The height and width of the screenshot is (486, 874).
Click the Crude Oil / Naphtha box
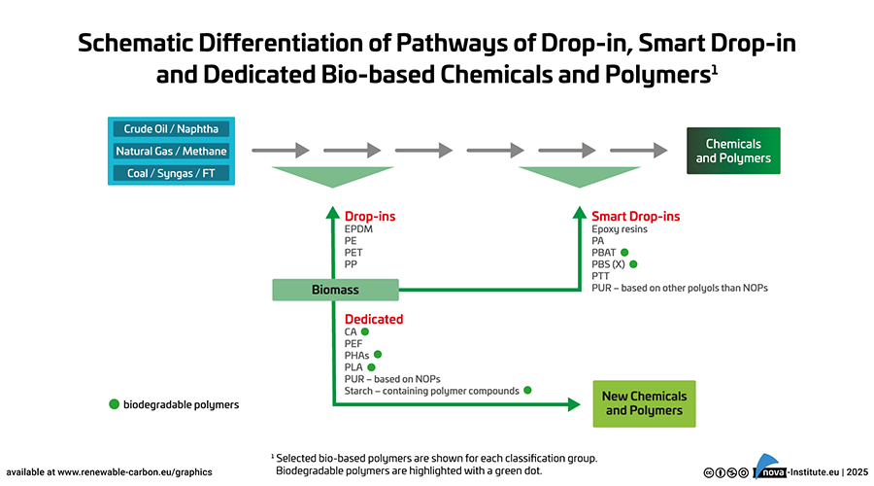tap(171, 129)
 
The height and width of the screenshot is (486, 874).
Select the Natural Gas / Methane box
tap(171, 151)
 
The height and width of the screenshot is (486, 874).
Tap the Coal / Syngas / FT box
tap(171, 173)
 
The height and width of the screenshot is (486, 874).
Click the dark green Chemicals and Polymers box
tap(733, 151)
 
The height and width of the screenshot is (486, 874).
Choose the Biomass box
tap(335, 290)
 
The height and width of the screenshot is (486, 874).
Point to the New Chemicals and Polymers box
tap(644, 403)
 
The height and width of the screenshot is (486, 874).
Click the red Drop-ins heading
tap(370, 216)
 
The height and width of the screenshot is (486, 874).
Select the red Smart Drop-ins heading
tap(635, 216)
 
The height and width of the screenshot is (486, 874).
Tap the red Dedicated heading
tap(374, 319)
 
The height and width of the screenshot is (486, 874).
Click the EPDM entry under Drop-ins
tap(358, 229)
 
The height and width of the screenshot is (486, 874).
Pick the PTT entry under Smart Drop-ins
tap(601, 276)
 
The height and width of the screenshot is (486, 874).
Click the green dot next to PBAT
tap(625, 252)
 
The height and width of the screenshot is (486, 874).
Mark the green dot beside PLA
tap(371, 367)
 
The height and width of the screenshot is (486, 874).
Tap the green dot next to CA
tap(365, 331)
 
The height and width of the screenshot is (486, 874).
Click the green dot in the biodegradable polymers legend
tap(114, 403)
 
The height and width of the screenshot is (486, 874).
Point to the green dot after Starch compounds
tap(528, 390)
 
